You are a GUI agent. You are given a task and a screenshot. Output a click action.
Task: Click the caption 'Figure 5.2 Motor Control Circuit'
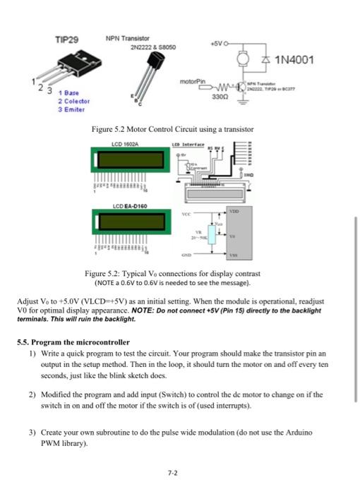(172, 129)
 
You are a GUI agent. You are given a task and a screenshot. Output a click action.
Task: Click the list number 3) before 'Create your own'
(32, 430)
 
